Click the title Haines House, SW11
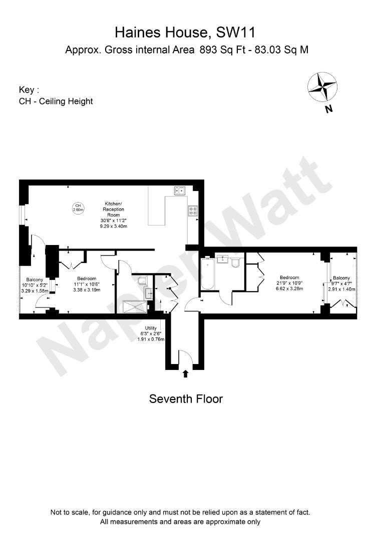185,33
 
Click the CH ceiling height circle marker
78,207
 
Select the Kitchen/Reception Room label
114,214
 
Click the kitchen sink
180,190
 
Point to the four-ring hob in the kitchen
193,211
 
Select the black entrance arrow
186,373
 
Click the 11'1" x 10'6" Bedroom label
87,284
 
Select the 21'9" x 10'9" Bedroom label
289,283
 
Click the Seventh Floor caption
186,399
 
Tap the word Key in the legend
27,90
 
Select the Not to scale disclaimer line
180,512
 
